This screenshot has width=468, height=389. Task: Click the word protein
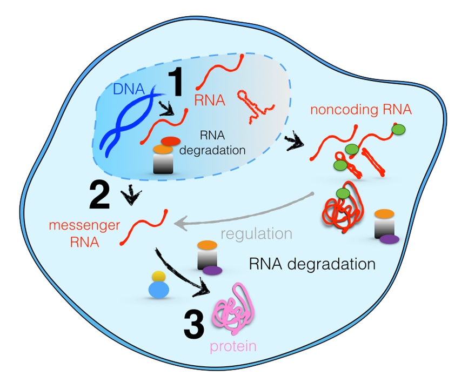(234, 345)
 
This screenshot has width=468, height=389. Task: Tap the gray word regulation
(257, 234)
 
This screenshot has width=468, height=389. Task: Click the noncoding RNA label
(362, 110)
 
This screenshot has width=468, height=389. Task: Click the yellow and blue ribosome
(158, 285)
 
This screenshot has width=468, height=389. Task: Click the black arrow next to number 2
(130, 197)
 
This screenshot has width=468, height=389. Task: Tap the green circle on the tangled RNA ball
(342, 192)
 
